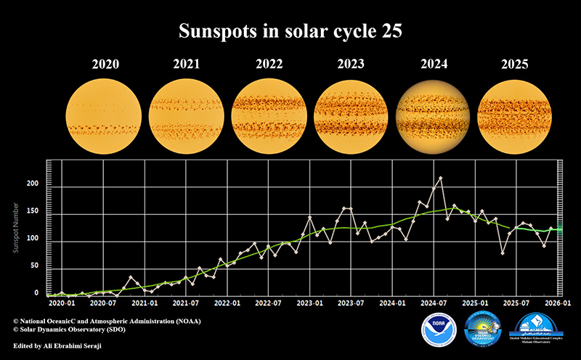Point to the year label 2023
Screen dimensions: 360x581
click(352, 64)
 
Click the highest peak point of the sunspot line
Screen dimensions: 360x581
click(441, 178)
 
